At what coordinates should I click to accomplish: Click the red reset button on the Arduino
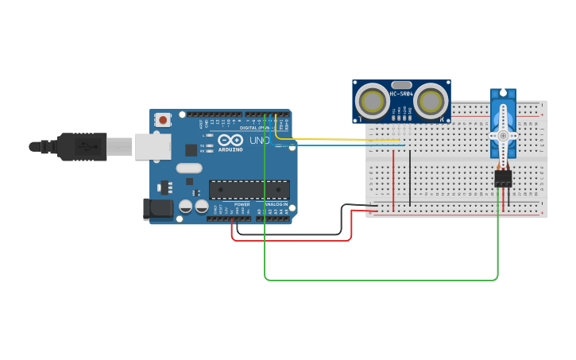163,120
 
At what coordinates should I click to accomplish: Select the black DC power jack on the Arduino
157,209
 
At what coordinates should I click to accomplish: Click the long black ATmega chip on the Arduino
249,190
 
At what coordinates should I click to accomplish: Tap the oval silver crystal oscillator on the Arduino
189,168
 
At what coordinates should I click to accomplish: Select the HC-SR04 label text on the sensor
401,94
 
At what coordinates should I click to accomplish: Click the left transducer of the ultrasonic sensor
372,101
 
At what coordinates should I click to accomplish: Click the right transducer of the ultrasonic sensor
430,101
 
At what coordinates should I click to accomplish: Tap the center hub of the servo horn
502,135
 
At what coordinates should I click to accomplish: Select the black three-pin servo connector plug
503,179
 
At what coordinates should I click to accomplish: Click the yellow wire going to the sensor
350,140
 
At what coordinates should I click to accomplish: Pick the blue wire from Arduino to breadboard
350,145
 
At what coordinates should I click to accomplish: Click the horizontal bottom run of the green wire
381,280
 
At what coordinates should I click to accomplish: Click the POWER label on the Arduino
242,204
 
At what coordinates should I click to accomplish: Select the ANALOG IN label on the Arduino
276,204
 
